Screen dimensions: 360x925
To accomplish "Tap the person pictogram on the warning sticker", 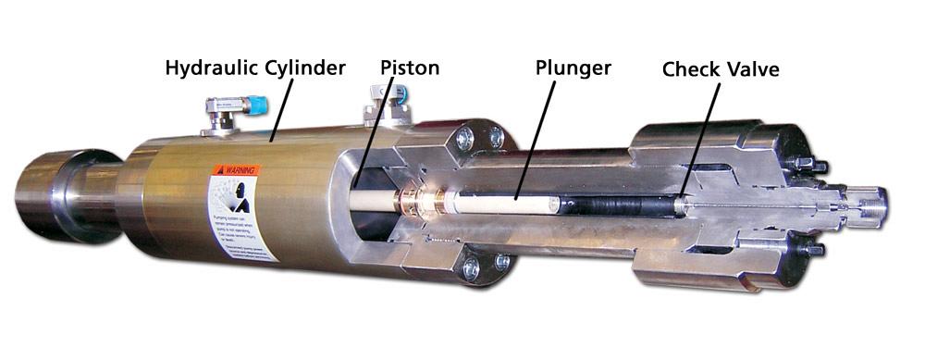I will point(228,198).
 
